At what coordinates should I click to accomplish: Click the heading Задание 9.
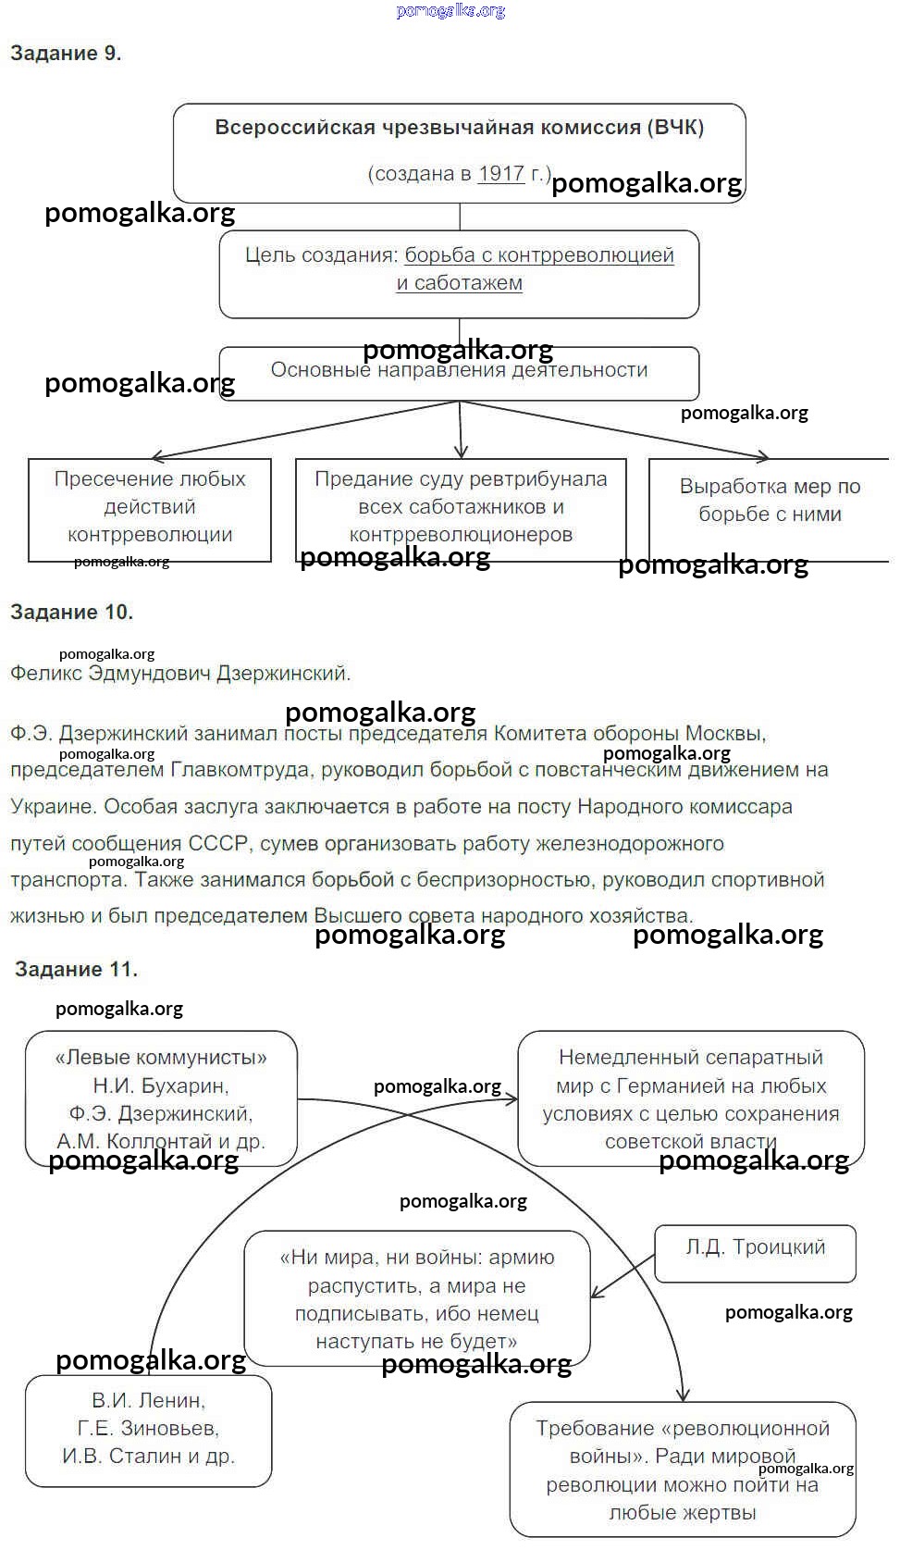pos(66,54)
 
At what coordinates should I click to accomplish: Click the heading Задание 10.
pos(71,612)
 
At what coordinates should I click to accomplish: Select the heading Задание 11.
pos(76,969)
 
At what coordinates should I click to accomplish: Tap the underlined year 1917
pos(501,173)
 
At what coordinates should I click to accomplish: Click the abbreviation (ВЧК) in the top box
pos(675,128)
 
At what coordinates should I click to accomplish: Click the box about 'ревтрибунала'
pos(461,506)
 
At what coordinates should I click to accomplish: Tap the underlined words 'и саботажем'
pos(460,283)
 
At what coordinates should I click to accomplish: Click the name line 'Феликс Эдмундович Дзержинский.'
pos(180,673)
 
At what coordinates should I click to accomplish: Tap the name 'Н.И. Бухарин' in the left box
pos(161,1085)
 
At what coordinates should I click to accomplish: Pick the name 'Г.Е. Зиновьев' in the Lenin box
pos(148,1428)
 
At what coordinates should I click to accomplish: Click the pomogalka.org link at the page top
pos(450,11)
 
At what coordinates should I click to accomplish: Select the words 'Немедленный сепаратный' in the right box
pos(690,1058)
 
